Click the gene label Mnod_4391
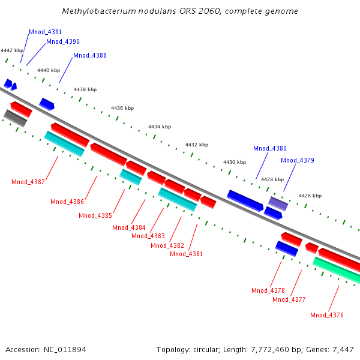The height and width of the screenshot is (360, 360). [46, 32]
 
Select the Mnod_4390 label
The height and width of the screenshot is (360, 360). [63, 42]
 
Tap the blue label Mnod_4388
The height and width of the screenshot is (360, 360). [90, 56]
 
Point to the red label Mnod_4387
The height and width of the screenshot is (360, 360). [28, 182]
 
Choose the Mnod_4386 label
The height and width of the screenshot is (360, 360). [67, 202]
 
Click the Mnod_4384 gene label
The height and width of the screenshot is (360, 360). [129, 227]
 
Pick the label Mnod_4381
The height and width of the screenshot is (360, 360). [187, 254]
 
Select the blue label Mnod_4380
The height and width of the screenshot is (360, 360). [270, 148]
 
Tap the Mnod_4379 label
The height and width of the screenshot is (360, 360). [298, 160]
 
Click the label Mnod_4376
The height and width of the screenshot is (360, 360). [327, 315]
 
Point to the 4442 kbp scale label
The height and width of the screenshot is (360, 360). [12, 51]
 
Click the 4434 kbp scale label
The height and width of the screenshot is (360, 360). [160, 127]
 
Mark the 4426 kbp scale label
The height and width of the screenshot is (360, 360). [310, 196]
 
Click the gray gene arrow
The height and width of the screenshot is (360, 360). [16, 118]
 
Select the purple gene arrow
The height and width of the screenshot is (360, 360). [278, 203]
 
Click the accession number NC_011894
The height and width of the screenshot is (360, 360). [65, 349]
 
